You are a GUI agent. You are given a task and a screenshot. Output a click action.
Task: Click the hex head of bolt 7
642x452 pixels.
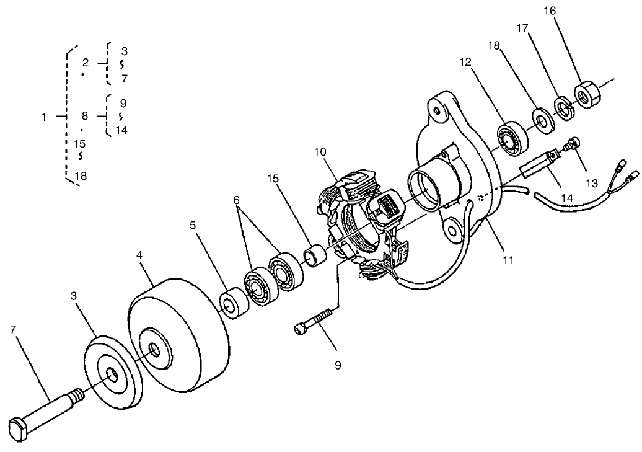pyautogui.click(x=19, y=429)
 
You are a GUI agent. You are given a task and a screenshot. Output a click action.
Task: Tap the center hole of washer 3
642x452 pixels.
pyautogui.click(x=112, y=374)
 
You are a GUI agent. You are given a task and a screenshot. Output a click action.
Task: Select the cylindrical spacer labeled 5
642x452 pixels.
pyautogui.click(x=234, y=304)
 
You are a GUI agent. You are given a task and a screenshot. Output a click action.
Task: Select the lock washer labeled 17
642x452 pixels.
pyautogui.click(x=564, y=109)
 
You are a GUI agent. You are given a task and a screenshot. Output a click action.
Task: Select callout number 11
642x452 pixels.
pyautogui.click(x=508, y=260)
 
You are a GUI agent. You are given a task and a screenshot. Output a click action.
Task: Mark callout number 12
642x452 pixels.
pyautogui.click(x=466, y=62)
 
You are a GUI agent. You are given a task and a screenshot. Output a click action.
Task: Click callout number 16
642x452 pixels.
pyautogui.click(x=550, y=11)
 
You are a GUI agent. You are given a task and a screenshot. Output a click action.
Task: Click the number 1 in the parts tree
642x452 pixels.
pyautogui.click(x=44, y=117)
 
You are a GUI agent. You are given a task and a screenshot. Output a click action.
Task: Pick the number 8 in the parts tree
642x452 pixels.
pyautogui.click(x=86, y=116)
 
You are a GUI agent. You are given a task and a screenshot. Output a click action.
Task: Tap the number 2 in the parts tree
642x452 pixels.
pyautogui.click(x=86, y=63)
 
